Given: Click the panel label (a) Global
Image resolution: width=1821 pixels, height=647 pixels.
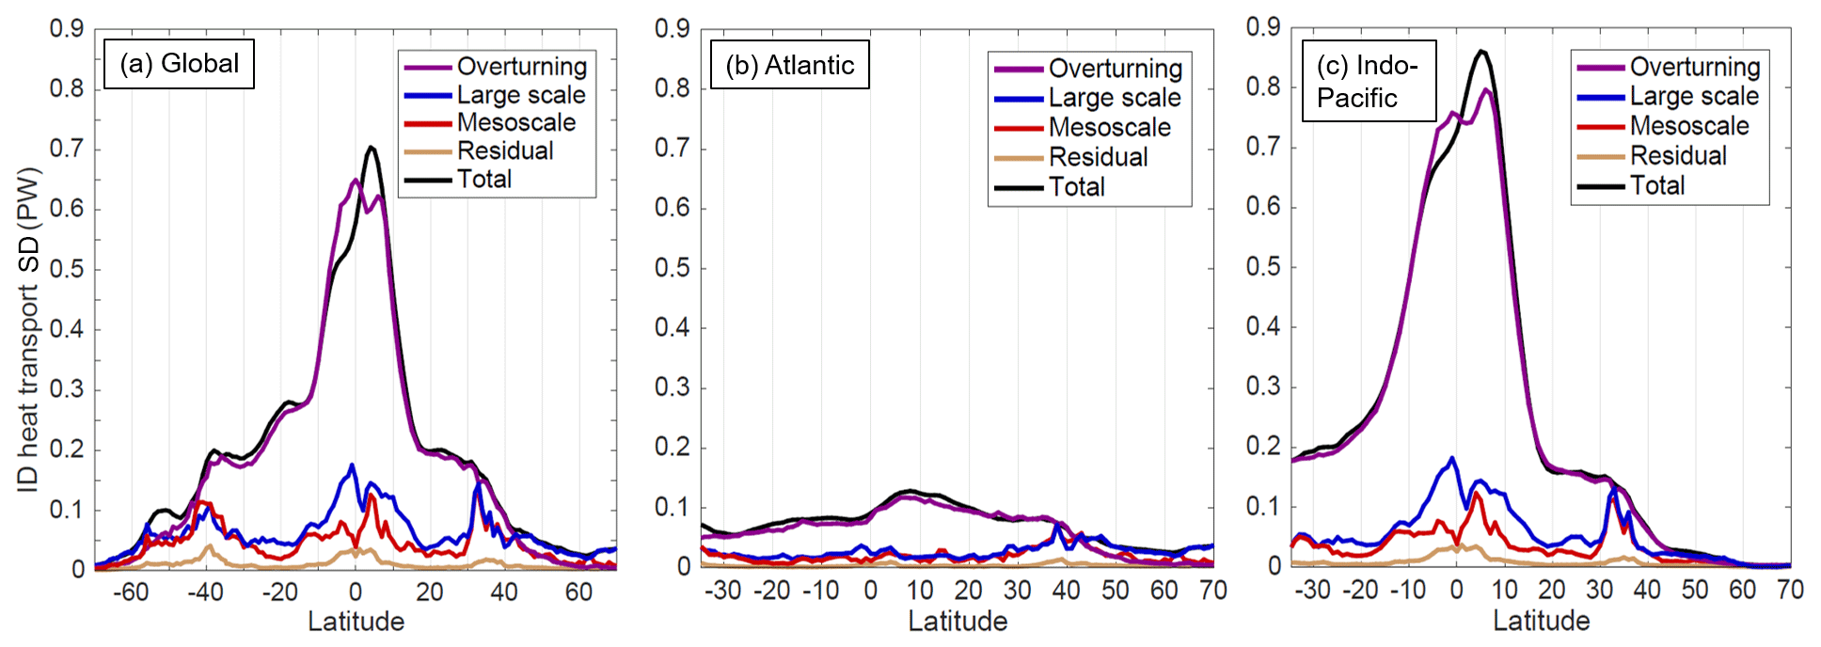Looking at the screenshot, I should [x=179, y=64].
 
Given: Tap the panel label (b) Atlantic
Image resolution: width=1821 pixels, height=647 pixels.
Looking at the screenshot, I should [x=789, y=65].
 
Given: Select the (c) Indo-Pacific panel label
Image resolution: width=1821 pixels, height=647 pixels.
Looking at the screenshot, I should [x=1368, y=81].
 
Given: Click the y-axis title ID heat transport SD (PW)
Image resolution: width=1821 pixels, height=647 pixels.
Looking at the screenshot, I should [x=29, y=329].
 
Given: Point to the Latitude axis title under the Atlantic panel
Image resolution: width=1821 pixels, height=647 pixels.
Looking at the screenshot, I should [x=958, y=622].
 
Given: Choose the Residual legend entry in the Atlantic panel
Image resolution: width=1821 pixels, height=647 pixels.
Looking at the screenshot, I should [x=1098, y=157].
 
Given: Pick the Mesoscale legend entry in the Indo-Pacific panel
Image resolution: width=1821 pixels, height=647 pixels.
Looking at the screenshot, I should [x=1689, y=126].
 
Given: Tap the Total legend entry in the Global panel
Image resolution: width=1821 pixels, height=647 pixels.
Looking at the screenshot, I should [x=484, y=179].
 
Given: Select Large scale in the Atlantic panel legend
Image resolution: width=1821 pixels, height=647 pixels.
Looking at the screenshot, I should [x=1115, y=98].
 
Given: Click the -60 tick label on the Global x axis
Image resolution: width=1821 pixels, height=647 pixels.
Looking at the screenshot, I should [x=130, y=592].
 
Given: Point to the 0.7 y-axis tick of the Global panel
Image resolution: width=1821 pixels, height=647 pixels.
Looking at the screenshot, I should [x=67, y=149].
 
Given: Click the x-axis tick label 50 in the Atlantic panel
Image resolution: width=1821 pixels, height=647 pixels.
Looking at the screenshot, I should [x=1116, y=591].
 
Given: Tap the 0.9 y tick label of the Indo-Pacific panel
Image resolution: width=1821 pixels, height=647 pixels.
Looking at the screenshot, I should [x=1263, y=27].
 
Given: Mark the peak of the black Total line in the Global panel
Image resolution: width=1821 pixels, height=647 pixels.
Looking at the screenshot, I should [x=372, y=148].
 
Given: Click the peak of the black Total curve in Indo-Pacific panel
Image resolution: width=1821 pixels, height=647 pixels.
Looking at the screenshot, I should [x=1481, y=52].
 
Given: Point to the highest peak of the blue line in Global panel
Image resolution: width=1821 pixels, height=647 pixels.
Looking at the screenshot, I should [x=353, y=465].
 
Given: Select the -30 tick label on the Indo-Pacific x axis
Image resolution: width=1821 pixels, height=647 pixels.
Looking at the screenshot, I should [x=1311, y=590].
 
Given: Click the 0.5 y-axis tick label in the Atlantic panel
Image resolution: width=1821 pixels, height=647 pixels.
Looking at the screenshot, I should [x=673, y=268].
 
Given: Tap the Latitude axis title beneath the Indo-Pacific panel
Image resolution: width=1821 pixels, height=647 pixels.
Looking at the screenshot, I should [x=1542, y=621].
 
